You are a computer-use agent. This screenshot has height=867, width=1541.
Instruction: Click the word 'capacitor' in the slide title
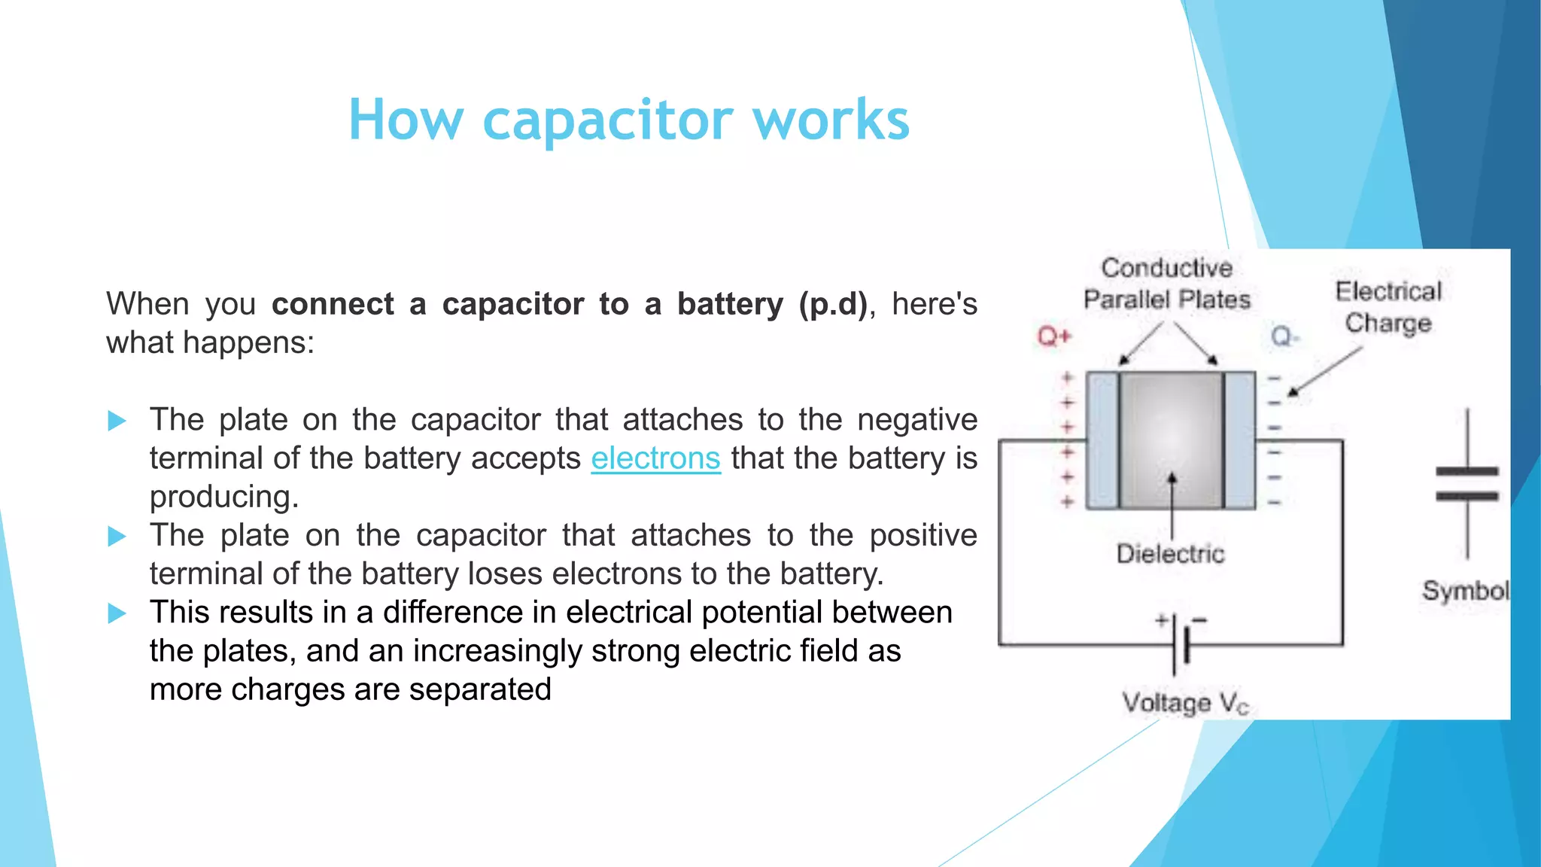coord(607,120)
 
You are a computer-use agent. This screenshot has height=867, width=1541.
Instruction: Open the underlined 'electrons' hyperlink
coord(655,458)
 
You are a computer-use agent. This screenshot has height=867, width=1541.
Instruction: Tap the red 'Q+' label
coord(1053,336)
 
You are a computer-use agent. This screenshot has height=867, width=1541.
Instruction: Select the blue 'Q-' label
coord(1284,336)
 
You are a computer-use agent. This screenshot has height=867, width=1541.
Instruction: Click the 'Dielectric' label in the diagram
coord(1170,554)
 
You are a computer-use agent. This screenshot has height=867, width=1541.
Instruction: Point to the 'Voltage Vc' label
coord(1184,703)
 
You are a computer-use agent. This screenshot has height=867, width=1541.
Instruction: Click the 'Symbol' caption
coord(1464,591)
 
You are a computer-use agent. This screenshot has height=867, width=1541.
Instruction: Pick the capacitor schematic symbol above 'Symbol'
coord(1467,484)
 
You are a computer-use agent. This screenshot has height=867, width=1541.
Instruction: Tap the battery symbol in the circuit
coord(1180,643)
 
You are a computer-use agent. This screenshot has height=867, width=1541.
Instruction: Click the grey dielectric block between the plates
coord(1172,440)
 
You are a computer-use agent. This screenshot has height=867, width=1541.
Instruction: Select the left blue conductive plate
coord(1102,440)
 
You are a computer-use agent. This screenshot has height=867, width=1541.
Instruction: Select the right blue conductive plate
coord(1240,440)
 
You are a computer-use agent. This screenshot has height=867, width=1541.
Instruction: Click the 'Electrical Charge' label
coord(1388,307)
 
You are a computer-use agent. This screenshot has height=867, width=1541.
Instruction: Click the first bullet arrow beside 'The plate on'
coord(117,421)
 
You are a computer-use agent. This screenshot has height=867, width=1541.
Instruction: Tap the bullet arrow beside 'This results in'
coord(117,613)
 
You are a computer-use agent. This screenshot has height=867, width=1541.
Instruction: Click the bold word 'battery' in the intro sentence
coord(730,304)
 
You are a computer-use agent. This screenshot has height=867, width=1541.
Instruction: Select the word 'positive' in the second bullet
coord(922,535)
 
